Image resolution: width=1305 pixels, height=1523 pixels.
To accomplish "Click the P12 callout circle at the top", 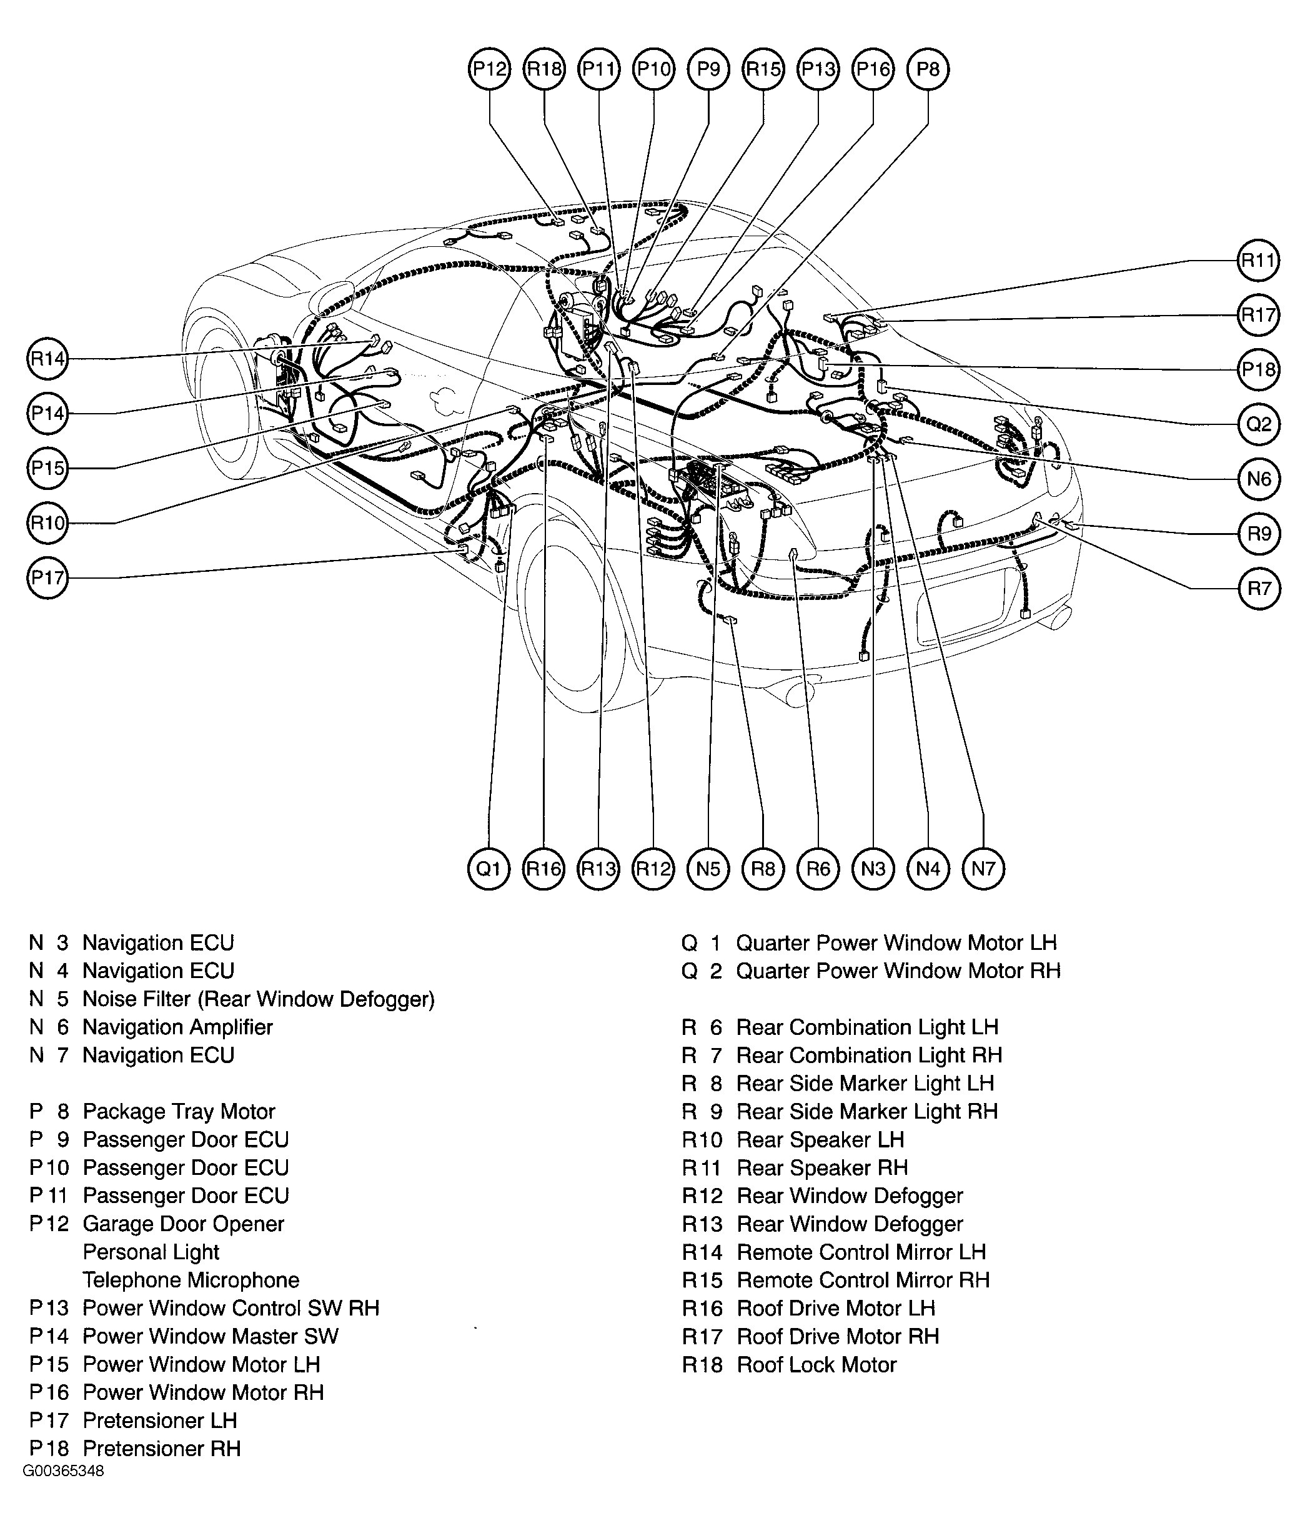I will point(489,69).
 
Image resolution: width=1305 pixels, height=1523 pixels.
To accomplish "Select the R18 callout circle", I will point(545,69).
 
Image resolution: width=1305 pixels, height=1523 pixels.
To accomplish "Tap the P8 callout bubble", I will point(928,69).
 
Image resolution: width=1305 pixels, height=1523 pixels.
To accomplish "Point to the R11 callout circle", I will point(1259,260).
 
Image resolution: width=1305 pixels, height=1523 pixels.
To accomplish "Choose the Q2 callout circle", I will point(1259,424).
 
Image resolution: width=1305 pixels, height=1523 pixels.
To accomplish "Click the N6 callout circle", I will point(1259,479).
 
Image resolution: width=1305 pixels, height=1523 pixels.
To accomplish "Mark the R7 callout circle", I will point(1259,589).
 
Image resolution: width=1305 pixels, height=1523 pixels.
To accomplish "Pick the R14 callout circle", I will point(47,359).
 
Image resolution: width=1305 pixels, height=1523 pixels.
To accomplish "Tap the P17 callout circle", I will point(47,577).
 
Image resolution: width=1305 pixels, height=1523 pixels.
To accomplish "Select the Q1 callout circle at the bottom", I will point(489,869).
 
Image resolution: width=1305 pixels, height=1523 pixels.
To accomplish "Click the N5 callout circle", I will point(708,869).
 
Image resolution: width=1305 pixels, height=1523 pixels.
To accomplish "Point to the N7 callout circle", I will point(983,869).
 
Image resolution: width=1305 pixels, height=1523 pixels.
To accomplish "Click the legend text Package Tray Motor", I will point(179,1111).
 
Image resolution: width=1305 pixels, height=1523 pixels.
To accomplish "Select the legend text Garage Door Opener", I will point(183,1224).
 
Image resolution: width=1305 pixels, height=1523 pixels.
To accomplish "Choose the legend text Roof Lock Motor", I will point(816,1365).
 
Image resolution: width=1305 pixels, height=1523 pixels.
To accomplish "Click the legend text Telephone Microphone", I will point(191,1280).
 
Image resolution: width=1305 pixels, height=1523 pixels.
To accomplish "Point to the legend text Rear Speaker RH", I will point(822,1168).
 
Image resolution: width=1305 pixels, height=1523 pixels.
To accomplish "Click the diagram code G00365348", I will point(63,1471).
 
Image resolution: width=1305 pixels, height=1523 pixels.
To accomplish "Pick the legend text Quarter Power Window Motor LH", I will point(896,943).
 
